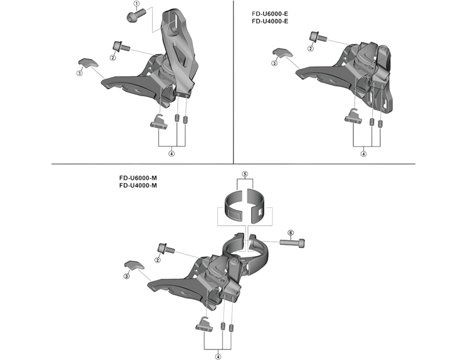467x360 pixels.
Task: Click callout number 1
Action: tap(136, 4)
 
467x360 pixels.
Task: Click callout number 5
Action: tap(245, 174)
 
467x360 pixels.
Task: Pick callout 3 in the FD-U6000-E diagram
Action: tap(274, 63)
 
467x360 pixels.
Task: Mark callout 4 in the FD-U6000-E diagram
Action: tap(363, 154)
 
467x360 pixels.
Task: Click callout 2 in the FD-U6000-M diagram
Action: tap(158, 259)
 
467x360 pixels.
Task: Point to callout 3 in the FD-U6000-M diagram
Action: tap(126, 275)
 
